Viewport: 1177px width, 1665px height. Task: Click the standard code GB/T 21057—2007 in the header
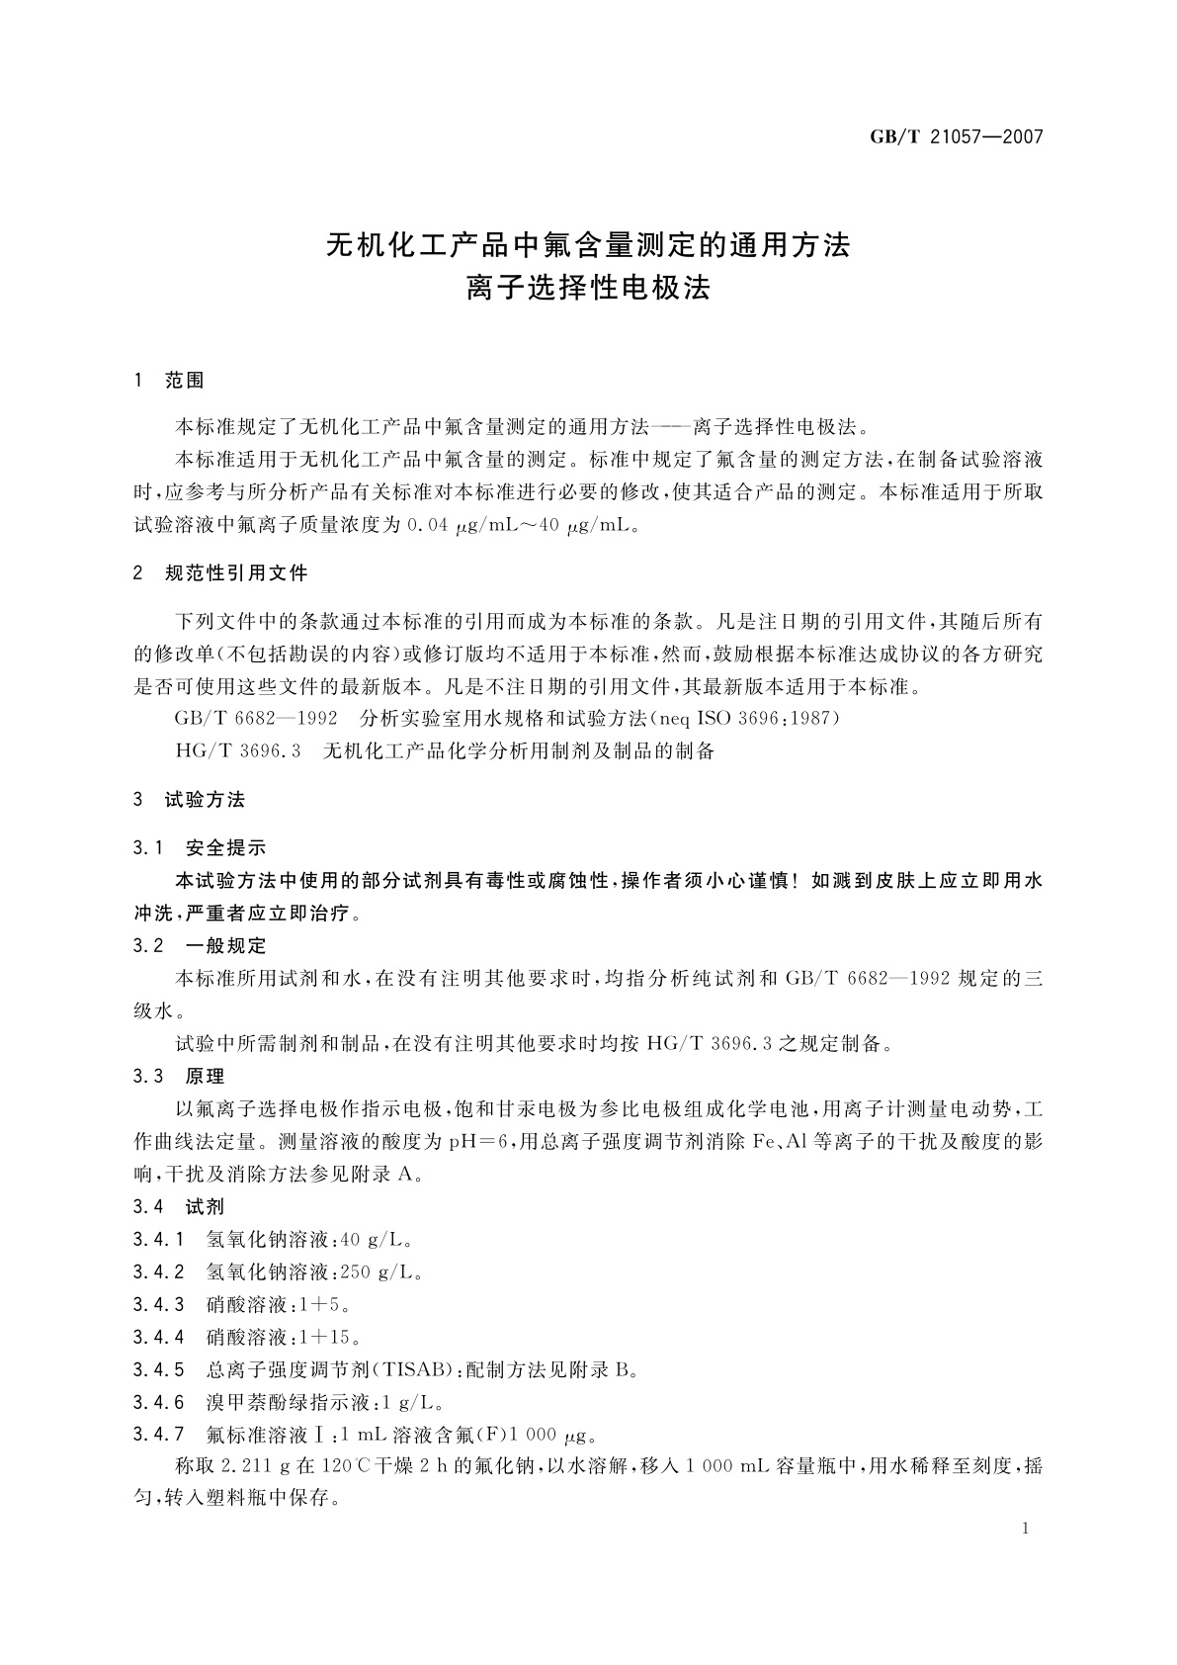[x=956, y=136]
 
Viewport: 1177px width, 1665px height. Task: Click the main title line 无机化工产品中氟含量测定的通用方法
[x=588, y=244]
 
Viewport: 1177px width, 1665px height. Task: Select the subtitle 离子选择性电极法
[x=588, y=289]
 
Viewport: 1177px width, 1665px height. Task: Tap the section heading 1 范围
[x=169, y=380]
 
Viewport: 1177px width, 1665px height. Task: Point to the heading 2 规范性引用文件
[x=220, y=573]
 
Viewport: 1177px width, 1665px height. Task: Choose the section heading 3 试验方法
[x=189, y=800]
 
